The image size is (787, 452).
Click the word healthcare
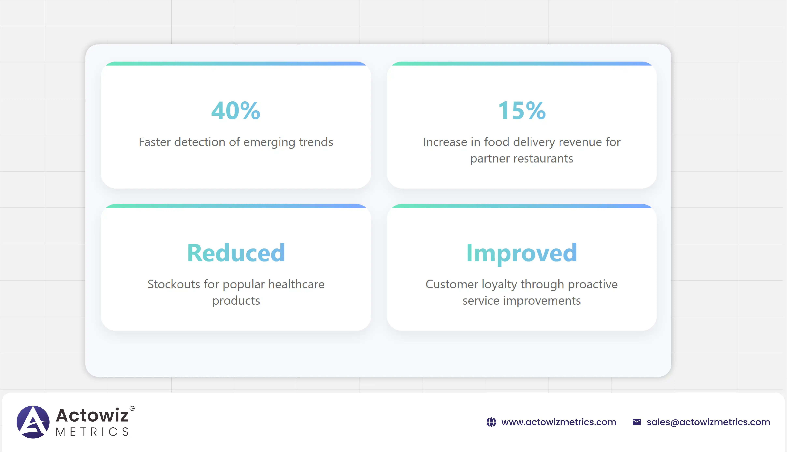tap(296, 284)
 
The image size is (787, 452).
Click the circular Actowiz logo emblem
tap(33, 422)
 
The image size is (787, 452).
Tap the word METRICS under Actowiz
tap(92, 432)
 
